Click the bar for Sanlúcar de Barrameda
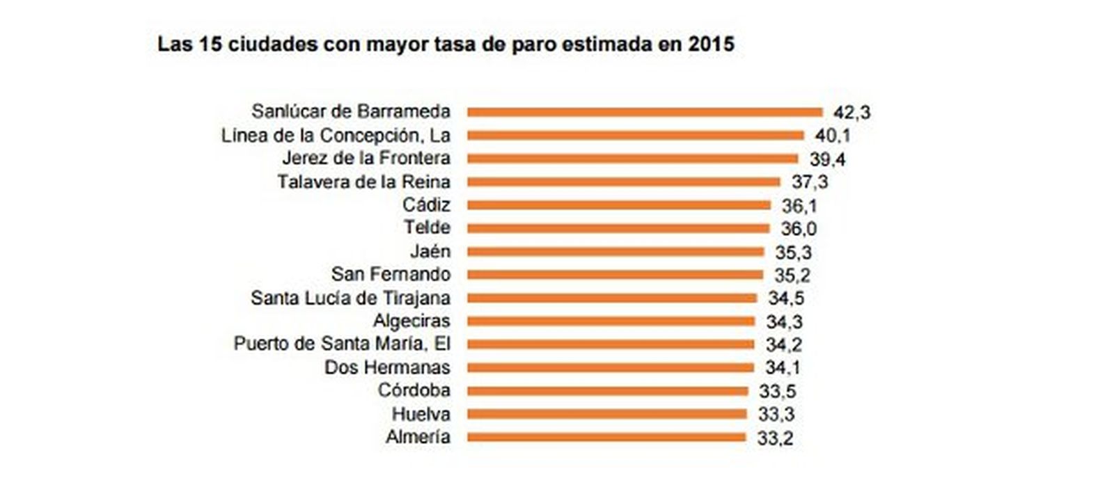(645, 111)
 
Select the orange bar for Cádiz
(619, 205)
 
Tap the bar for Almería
(606, 437)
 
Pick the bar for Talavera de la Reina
(624, 182)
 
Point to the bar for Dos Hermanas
(611, 367)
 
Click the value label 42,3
(852, 112)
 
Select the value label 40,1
(833, 136)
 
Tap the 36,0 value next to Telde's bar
(799, 228)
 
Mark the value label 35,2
(792, 275)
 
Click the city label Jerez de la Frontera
(366, 158)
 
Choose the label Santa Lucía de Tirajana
(350, 298)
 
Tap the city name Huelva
(421, 414)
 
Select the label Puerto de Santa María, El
(342, 344)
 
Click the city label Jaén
(430, 251)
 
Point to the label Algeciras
(411, 321)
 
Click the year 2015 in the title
(711, 45)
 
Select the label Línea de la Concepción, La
(336, 135)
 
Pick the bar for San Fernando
(615, 275)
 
